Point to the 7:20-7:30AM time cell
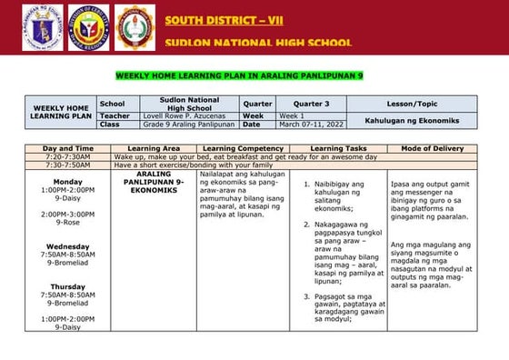pyautogui.click(x=68, y=156)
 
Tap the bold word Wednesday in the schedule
pyautogui.click(x=67, y=246)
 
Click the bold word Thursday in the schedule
pyautogui.click(x=67, y=286)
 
